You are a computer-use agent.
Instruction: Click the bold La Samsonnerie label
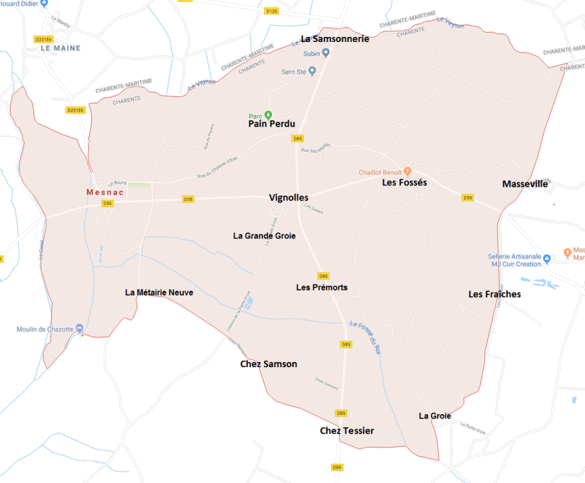coord(335,38)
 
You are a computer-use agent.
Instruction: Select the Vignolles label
coord(289,198)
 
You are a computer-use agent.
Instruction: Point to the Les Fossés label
coord(404,182)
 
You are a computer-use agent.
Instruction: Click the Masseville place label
coord(525,185)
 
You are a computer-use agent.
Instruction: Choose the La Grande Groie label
coord(264,235)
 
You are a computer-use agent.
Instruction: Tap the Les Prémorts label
coord(322,287)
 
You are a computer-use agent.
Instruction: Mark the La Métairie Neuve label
coord(159,293)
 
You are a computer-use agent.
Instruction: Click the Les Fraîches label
coord(495,294)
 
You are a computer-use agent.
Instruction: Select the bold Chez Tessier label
coord(347,431)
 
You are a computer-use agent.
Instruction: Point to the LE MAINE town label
coord(61,48)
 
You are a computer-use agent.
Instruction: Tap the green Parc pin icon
coord(268,114)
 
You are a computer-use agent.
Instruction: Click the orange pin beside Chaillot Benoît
coord(407,172)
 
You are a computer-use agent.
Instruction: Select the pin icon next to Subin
coord(326,52)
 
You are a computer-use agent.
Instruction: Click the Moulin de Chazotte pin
coord(79,329)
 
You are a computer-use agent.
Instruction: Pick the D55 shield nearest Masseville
coord(468,198)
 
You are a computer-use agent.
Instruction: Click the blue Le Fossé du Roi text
coord(365,337)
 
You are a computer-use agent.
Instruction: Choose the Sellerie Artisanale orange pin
coord(547,257)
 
